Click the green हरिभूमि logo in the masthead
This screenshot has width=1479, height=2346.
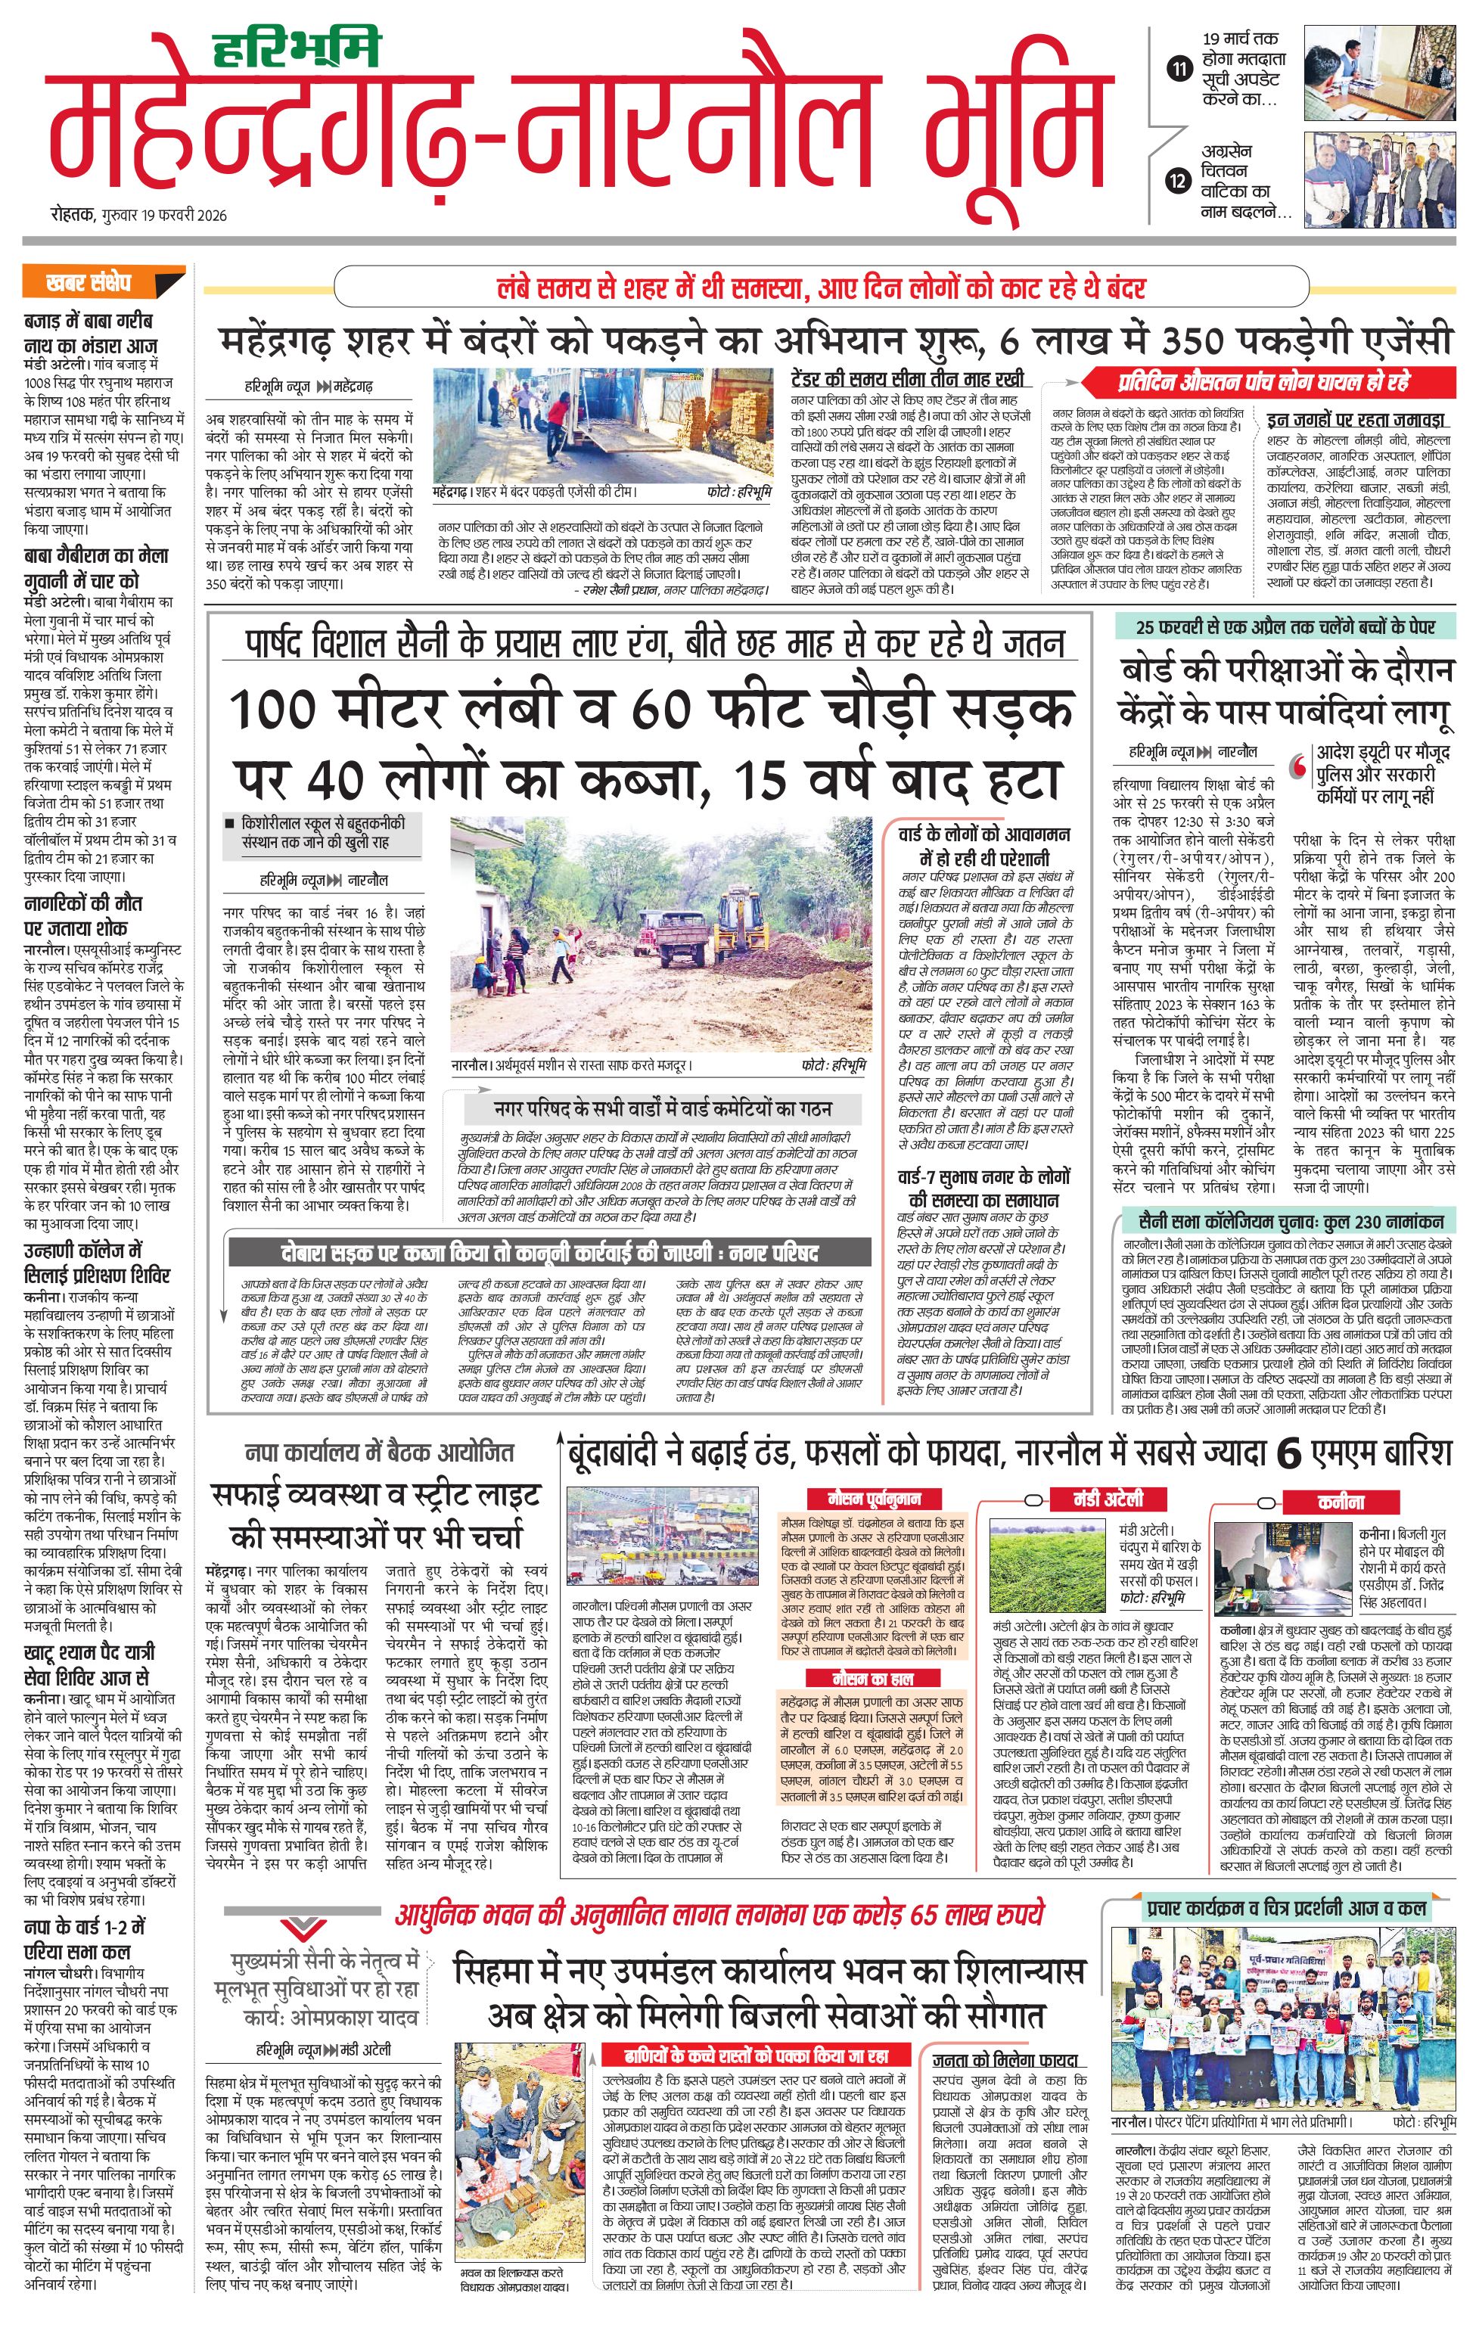tap(297, 48)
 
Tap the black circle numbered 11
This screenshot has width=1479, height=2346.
tap(1180, 69)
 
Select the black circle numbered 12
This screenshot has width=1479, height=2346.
tap(1180, 180)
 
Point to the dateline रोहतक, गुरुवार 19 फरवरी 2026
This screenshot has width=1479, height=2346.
tap(138, 216)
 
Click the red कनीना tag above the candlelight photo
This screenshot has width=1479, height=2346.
tap(1341, 1501)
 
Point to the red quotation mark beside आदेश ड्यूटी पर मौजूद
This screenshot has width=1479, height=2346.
tap(1299, 768)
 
